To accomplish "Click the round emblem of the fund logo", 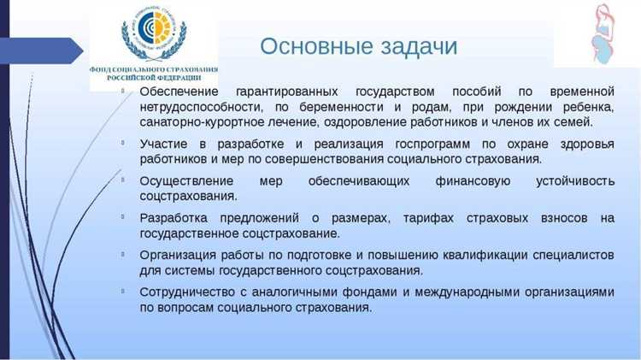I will (x=154, y=33).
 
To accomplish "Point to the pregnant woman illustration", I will (x=603, y=34).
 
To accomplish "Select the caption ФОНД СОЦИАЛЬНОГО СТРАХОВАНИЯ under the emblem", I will (x=154, y=68).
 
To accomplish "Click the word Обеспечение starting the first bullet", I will (x=179, y=91).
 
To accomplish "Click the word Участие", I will (x=166, y=144).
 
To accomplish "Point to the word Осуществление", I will (x=187, y=181).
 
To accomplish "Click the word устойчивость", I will (x=574, y=181).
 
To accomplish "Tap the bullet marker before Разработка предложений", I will (x=124, y=217).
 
